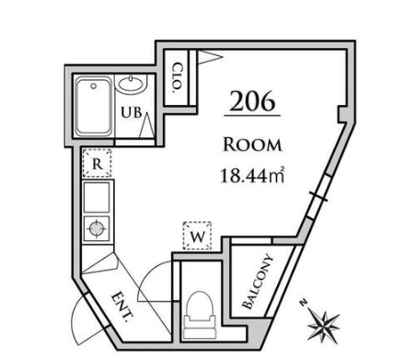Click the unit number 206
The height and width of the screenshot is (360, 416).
pos(251,102)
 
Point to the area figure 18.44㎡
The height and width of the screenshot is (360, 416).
pos(249,173)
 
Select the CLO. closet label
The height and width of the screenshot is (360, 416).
pos(175,78)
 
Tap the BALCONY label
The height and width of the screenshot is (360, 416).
pos(257,281)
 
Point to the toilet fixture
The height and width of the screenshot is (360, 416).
pos(198,312)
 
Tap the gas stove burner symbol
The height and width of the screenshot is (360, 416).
pos(96,227)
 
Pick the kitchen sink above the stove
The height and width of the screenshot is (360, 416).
pos(96,198)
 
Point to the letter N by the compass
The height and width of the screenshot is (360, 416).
pos(304,302)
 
